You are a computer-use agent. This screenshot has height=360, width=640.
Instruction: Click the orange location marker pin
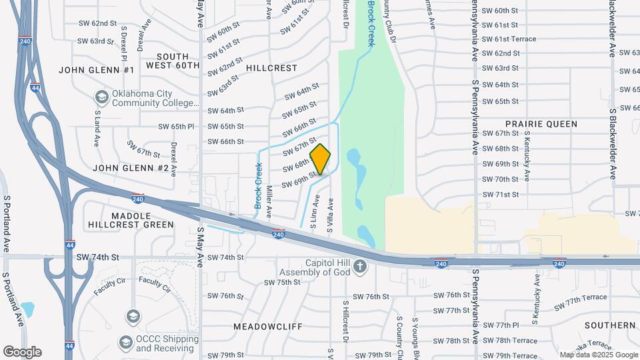tap(320, 159)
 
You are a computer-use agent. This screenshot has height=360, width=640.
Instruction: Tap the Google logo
tap(22, 351)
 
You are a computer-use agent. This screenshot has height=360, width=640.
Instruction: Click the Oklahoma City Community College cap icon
tap(102, 97)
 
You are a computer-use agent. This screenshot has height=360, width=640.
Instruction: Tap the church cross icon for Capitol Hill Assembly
tap(360, 267)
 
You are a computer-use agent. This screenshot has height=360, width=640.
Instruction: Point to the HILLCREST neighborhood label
tap(271, 68)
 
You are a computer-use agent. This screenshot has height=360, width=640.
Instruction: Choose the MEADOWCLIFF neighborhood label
tap(268, 327)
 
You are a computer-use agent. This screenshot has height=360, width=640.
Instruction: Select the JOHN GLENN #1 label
tap(97, 70)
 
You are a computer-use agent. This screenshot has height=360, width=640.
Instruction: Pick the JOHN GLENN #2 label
tap(131, 168)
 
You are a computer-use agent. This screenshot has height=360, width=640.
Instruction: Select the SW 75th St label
tap(283, 283)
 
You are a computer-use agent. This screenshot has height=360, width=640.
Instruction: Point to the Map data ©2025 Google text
tap(598, 355)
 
